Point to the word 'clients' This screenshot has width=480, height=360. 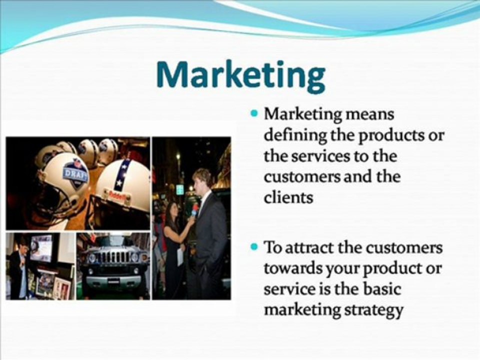(288, 197)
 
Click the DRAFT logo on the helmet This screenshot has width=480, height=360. (74, 173)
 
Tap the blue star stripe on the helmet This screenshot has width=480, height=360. (123, 175)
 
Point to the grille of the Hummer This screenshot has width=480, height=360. (113, 256)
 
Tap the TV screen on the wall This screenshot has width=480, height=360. (41, 247)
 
